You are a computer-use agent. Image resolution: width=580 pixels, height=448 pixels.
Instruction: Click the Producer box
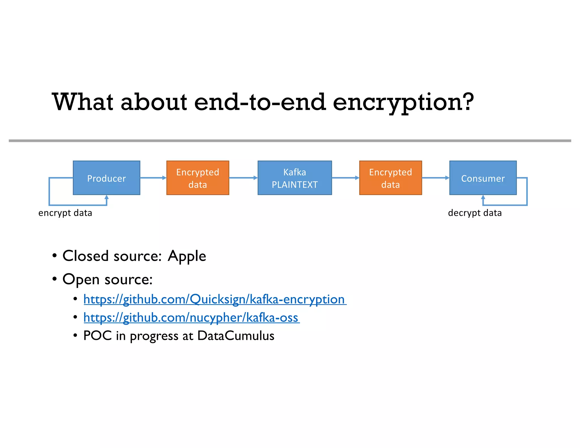tap(106, 178)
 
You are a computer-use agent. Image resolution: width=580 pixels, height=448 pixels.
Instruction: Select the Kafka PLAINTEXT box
tap(295, 178)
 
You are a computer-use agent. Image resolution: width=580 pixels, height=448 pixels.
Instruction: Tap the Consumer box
tap(483, 178)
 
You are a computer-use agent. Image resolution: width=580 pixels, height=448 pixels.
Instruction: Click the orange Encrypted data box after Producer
tap(198, 178)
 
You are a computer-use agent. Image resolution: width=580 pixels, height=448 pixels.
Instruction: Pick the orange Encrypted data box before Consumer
tap(391, 178)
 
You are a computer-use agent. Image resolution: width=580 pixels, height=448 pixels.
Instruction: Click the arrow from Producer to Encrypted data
tap(153, 178)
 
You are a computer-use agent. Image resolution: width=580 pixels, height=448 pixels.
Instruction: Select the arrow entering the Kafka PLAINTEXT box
tap(243, 178)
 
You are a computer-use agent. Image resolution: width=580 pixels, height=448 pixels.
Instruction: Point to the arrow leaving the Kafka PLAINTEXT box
tap(345, 178)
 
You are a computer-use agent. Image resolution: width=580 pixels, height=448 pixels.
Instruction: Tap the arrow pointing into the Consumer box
tap(435, 178)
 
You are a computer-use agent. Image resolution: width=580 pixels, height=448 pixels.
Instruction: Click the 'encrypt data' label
tap(65, 213)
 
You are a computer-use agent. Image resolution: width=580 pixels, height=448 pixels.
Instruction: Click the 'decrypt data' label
tap(475, 213)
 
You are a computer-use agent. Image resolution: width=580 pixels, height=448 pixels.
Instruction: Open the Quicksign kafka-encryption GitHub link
tap(214, 300)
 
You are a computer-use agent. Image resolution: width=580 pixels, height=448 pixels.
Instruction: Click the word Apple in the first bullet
tap(187, 256)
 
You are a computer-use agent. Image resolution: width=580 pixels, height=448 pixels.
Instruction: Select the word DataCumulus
tap(236, 336)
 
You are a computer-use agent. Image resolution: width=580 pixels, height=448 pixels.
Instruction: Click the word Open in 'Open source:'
tap(81, 280)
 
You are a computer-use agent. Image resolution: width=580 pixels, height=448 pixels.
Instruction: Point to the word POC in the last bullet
tap(97, 336)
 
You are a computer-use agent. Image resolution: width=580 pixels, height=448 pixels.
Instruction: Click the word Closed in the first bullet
tap(86, 256)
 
